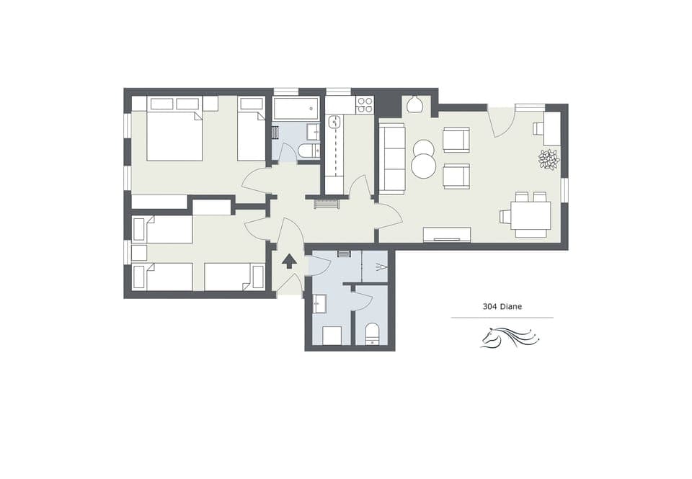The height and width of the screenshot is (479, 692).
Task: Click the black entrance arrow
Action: [288, 261]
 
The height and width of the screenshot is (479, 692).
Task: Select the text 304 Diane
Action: [502, 306]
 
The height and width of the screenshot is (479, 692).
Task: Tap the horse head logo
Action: [509, 337]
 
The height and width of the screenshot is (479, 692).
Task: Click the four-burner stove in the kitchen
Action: [365, 105]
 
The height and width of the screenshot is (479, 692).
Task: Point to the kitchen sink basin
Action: [334, 122]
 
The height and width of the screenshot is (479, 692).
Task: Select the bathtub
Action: [296, 108]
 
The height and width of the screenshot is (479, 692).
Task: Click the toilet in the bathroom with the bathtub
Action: [309, 151]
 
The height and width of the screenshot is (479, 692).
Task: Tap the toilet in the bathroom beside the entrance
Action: [373, 334]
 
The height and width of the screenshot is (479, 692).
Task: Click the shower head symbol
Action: [381, 267]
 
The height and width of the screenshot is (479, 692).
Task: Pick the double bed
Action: [174, 134]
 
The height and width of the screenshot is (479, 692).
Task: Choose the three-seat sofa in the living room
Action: [392, 158]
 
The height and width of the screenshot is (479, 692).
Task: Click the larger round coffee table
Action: [423, 166]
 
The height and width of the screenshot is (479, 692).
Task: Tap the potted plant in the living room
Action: [549, 159]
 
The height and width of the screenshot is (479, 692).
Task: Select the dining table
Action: [531, 215]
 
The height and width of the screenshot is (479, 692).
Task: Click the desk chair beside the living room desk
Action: [538, 128]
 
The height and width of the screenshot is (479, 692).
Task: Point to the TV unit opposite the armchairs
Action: [446, 234]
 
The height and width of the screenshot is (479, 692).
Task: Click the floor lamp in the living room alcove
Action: [414, 105]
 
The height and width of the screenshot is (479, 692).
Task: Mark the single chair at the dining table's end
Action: [505, 215]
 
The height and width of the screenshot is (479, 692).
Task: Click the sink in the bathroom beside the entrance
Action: [320, 305]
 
